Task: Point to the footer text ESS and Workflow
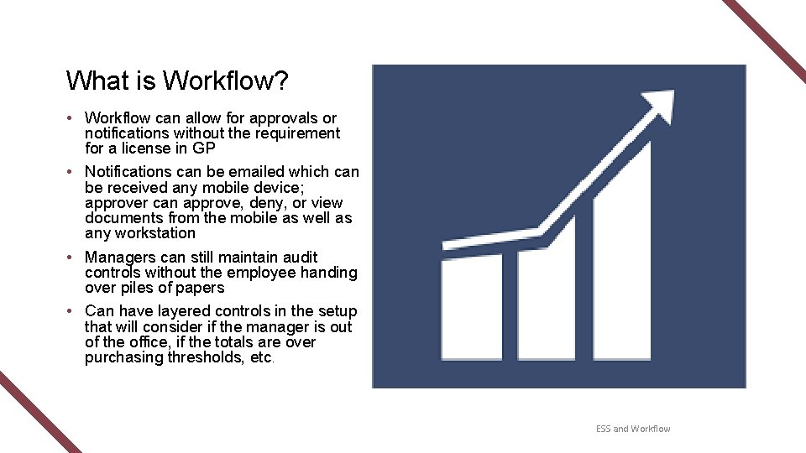point(633,429)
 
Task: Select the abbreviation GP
point(204,148)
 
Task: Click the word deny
point(264,203)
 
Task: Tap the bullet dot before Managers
point(74,258)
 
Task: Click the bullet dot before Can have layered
point(74,311)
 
